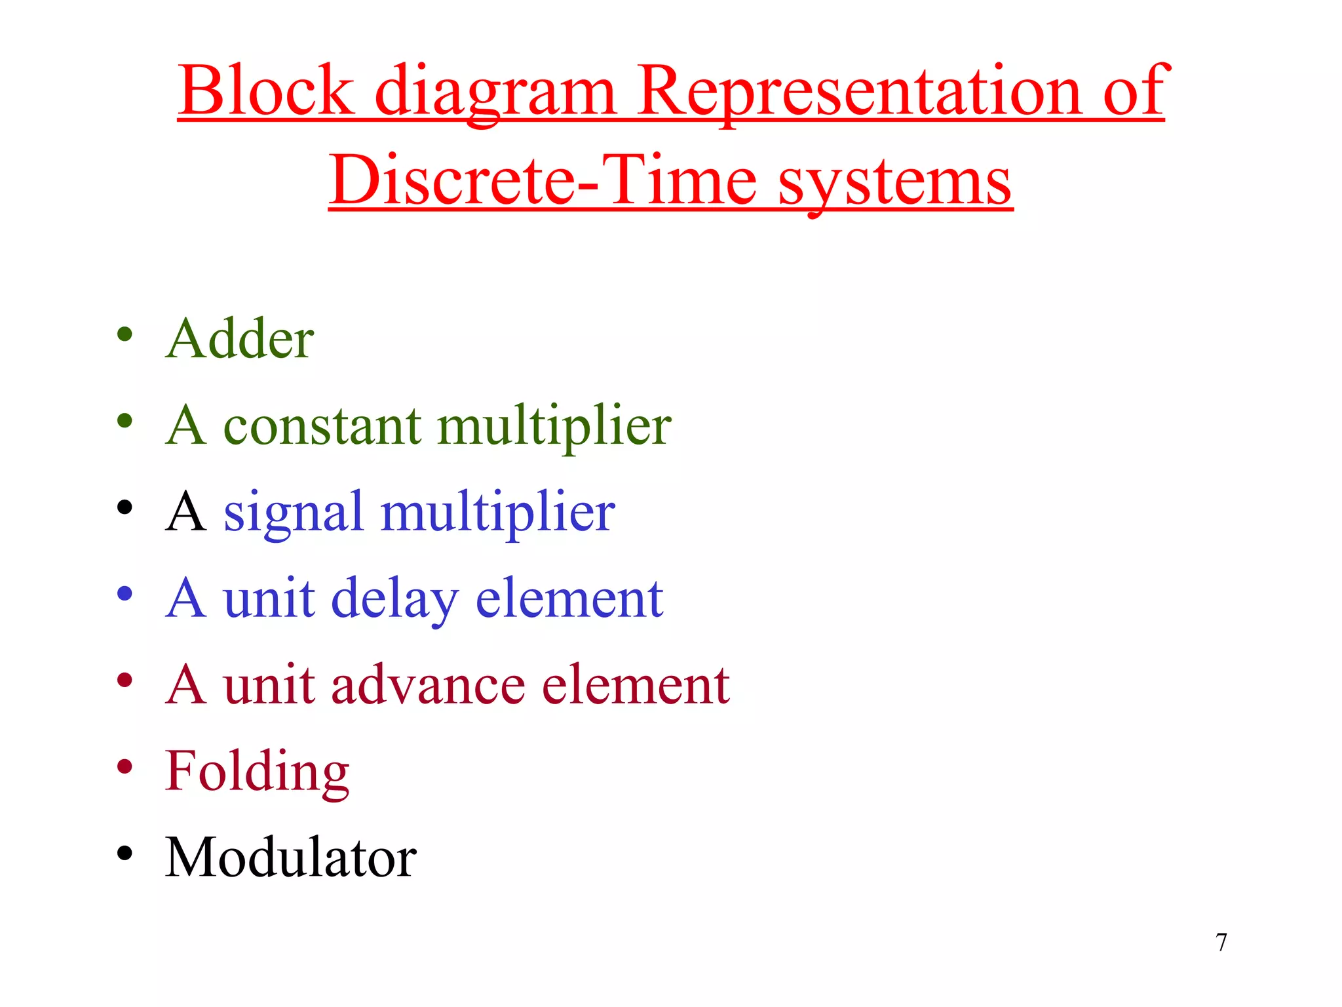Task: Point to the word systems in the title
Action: pyautogui.click(x=895, y=180)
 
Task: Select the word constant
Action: pyautogui.click(x=322, y=426)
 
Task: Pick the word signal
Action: pyautogui.click(x=293, y=513)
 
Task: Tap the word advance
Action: pyautogui.click(x=428, y=684)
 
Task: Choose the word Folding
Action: pyautogui.click(x=257, y=772)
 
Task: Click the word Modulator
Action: pyautogui.click(x=290, y=858)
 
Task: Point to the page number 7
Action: pyautogui.click(x=1221, y=942)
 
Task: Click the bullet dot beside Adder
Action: pyautogui.click(x=125, y=334)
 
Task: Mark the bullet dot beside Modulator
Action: pyautogui.click(x=125, y=853)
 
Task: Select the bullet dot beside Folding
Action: pyautogui.click(x=125, y=766)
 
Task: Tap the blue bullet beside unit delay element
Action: pyautogui.click(x=125, y=594)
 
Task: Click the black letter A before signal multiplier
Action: pyautogui.click(x=185, y=512)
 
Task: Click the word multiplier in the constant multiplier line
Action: pyautogui.click(x=554, y=426)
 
